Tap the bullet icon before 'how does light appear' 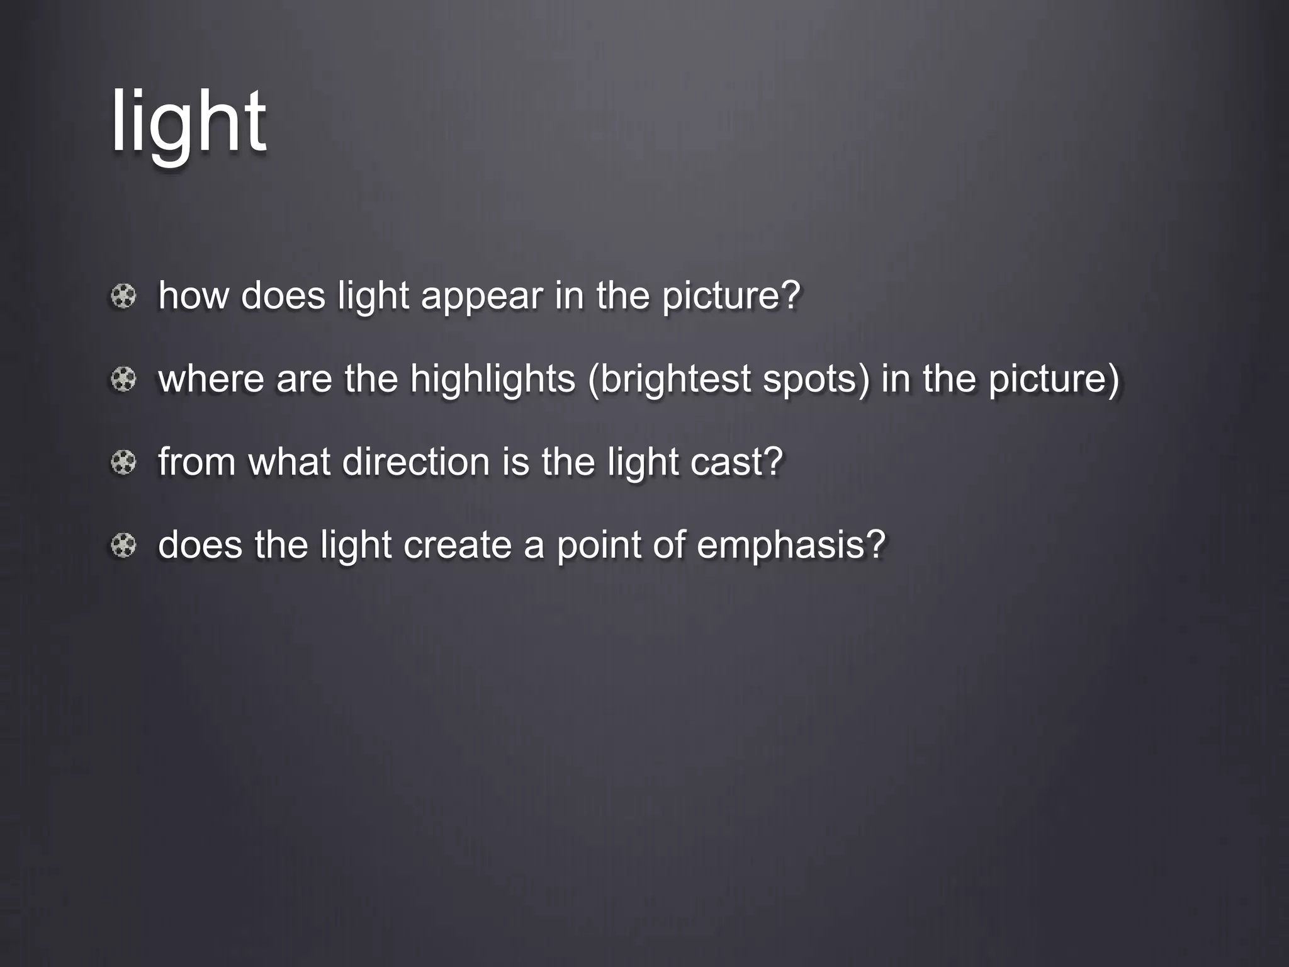point(123,296)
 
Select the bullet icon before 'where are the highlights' point(123,379)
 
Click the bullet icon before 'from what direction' point(123,463)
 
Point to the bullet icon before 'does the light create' point(123,545)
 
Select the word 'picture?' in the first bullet point(731,296)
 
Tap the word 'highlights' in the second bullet point(492,379)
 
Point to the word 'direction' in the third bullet point(416,462)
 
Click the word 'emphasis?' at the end point(791,545)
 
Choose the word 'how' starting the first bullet point(193,296)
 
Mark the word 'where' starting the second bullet point(211,379)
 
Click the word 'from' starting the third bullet point(196,462)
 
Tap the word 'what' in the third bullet point(289,462)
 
